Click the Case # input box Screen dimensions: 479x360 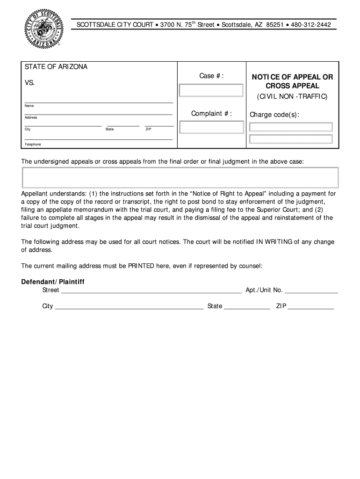211,90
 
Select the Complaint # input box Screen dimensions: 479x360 211,127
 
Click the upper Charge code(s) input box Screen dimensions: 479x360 291,127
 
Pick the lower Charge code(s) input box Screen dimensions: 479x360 291,139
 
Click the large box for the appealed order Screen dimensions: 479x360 180,177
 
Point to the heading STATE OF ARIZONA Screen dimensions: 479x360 56,67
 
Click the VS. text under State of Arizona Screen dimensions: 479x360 29,83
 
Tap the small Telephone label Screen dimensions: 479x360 33,145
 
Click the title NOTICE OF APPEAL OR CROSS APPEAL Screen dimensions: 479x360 293,81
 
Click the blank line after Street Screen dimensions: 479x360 151,290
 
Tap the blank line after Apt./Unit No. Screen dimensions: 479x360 311,290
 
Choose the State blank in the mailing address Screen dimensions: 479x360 247,307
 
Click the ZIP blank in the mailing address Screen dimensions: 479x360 311,307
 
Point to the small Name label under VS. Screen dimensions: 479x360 29,106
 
